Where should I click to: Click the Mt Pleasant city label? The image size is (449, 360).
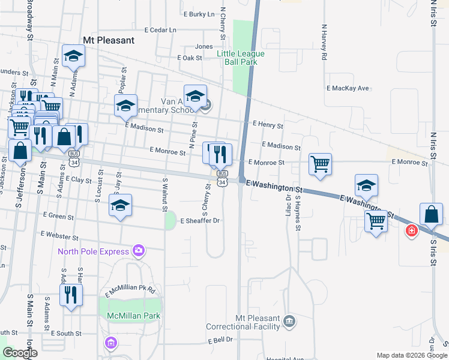(x=108, y=41)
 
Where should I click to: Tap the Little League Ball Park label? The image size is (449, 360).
(x=241, y=58)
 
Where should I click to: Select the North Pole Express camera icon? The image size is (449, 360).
(x=139, y=250)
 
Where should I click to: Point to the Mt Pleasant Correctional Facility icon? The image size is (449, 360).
(x=290, y=320)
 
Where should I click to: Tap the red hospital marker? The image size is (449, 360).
(x=412, y=230)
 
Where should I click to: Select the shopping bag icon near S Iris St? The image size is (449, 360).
(x=431, y=214)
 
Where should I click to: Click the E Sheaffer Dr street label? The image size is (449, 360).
(x=200, y=221)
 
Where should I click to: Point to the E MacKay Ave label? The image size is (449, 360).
(x=348, y=88)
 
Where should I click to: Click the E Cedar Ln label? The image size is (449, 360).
(x=161, y=29)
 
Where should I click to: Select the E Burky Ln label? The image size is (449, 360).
(x=199, y=14)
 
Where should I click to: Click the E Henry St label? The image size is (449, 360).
(x=268, y=124)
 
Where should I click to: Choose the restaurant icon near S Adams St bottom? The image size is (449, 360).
(x=71, y=295)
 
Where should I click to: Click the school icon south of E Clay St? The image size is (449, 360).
(x=121, y=206)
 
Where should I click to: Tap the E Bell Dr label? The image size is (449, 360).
(x=220, y=340)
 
